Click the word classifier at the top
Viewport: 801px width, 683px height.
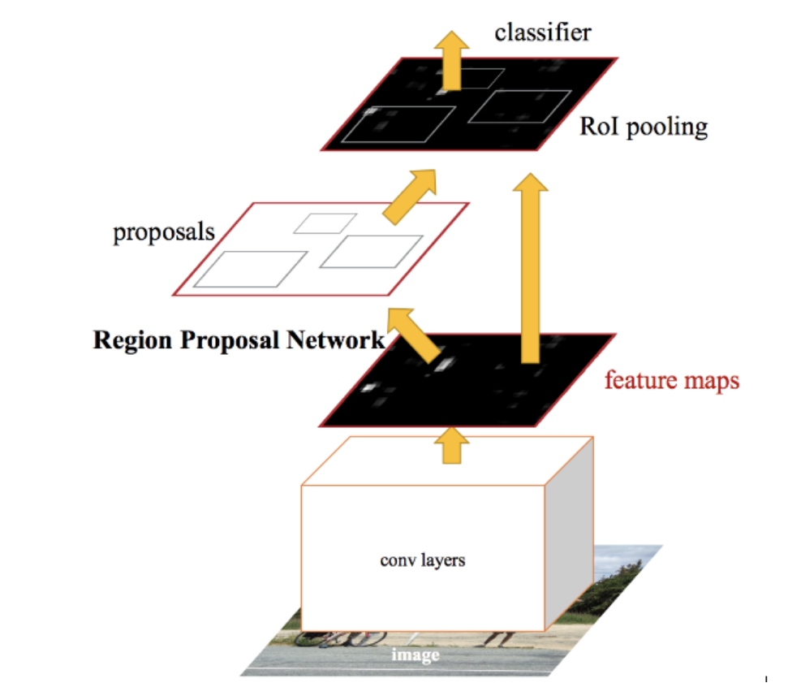point(543,33)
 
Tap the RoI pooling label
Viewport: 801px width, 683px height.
point(643,127)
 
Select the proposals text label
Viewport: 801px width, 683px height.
point(164,232)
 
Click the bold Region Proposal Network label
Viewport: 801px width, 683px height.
point(237,339)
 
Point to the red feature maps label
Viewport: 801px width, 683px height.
point(671,379)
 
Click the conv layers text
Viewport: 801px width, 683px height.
point(422,560)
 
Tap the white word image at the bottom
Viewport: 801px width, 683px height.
point(416,655)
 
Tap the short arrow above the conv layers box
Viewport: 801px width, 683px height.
point(453,446)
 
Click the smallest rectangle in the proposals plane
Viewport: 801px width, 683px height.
point(325,223)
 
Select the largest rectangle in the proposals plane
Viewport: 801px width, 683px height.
point(250,269)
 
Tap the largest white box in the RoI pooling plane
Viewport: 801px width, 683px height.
point(396,124)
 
